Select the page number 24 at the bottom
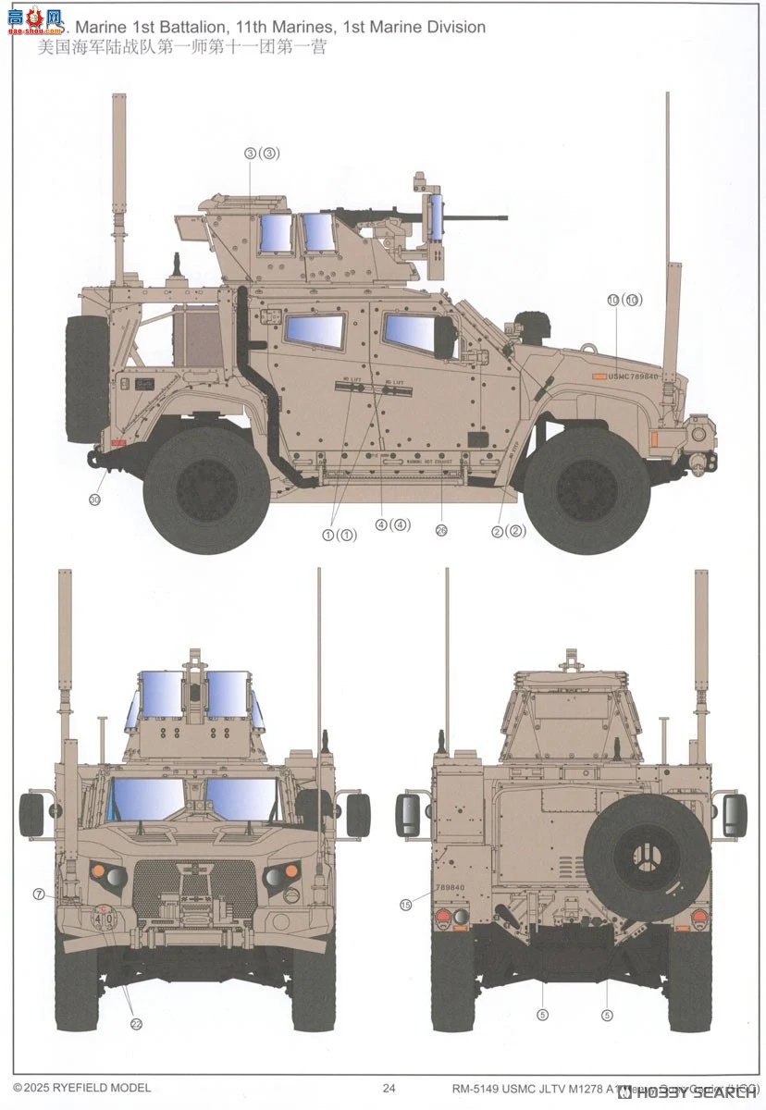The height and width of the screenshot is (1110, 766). tap(389, 1088)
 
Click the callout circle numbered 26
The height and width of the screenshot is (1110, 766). tap(441, 531)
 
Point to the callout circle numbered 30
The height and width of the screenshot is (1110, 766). tap(94, 499)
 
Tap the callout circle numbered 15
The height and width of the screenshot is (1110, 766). tap(405, 905)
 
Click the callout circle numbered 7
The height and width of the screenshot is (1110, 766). tap(39, 894)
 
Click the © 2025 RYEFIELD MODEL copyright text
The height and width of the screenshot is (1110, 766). tap(81, 1088)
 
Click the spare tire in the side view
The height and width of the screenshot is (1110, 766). tap(86, 366)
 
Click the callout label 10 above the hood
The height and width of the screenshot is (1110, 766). tap(624, 300)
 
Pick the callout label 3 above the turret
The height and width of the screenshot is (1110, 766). tap(261, 154)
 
